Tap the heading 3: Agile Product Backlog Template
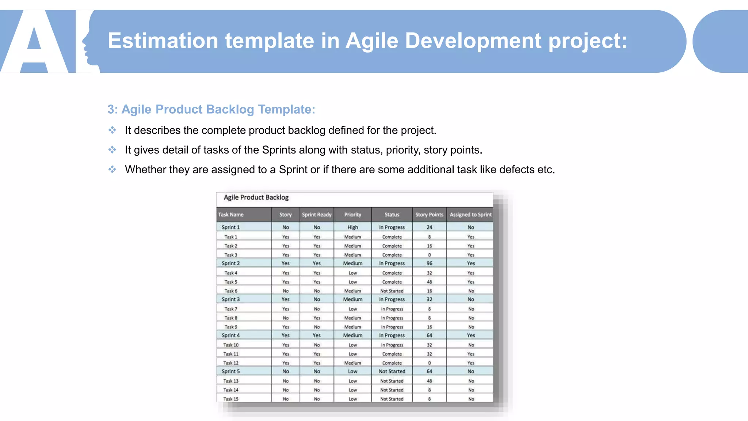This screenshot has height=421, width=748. pyautogui.click(x=211, y=109)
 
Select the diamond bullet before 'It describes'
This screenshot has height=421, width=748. pyautogui.click(x=112, y=130)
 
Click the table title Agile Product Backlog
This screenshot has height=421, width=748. pyautogui.click(x=256, y=197)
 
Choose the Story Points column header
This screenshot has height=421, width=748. pyautogui.click(x=429, y=215)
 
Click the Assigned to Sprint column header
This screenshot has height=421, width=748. pyautogui.click(x=470, y=215)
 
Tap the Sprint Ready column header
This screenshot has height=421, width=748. pyautogui.click(x=317, y=215)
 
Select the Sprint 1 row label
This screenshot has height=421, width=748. pyautogui.click(x=231, y=227)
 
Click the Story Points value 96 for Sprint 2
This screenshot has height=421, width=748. pyautogui.click(x=429, y=263)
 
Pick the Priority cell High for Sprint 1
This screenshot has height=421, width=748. pyautogui.click(x=352, y=227)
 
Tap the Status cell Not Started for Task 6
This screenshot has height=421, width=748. pyautogui.click(x=392, y=291)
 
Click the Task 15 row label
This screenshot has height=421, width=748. pyautogui.click(x=231, y=399)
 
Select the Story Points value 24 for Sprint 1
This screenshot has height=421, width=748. pyautogui.click(x=429, y=227)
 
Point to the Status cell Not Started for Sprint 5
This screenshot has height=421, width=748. pyautogui.click(x=392, y=371)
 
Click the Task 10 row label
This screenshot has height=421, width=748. pyautogui.click(x=231, y=345)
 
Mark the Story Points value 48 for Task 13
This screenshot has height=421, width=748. pyautogui.click(x=429, y=381)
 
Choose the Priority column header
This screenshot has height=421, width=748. pyautogui.click(x=352, y=215)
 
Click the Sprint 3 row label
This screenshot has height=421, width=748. pyautogui.click(x=231, y=299)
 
